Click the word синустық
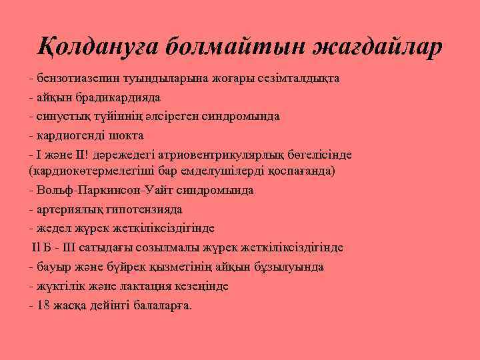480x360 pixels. tap(61, 115)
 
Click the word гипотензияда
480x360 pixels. tap(145, 209)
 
